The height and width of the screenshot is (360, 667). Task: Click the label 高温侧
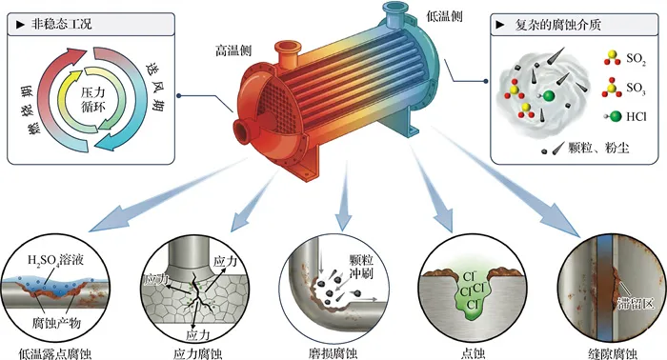pos(233,50)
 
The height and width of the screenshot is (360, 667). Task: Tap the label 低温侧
pos(444,16)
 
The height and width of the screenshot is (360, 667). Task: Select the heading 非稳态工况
pos(61,24)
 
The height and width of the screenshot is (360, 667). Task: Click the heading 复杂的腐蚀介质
pos(557,25)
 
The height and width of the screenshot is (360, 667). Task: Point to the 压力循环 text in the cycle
pos(92,99)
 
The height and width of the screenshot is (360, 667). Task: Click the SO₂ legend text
pos(636,59)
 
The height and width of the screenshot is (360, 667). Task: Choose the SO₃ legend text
pos(636,89)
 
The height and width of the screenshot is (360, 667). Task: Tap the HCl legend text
pos(636,116)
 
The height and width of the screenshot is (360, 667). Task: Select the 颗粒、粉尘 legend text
pos(598,148)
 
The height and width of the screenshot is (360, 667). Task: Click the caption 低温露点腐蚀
pos(55,353)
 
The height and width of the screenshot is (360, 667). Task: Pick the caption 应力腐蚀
pos(197,353)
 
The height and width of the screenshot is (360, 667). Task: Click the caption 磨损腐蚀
pos(333,353)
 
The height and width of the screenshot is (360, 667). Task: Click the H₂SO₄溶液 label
pos(55,259)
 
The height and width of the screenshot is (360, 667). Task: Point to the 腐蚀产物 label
pos(56,324)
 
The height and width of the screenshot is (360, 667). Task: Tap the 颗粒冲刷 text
pos(361,266)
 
